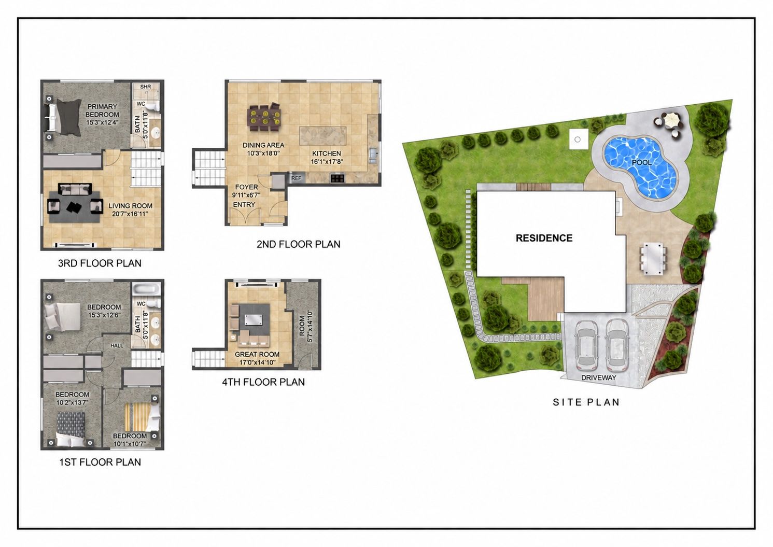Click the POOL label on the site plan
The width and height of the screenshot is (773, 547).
(x=641, y=162)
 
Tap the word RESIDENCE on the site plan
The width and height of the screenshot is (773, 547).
(x=544, y=238)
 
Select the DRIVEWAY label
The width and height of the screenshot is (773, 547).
(x=598, y=377)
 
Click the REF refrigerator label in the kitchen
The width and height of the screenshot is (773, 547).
(x=296, y=178)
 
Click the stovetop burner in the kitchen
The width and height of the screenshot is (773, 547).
(x=337, y=178)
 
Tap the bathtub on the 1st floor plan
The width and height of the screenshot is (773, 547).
(x=147, y=289)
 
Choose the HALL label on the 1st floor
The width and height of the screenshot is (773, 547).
(x=117, y=345)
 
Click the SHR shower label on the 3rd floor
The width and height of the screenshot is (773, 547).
(x=145, y=87)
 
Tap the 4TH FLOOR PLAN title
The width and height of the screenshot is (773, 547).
(x=263, y=382)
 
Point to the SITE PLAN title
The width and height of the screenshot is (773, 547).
(x=586, y=402)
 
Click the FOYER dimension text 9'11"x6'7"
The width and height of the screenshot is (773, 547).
(x=246, y=195)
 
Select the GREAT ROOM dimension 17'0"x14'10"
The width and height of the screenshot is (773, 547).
(x=257, y=362)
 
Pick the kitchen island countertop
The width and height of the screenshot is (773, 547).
(x=322, y=136)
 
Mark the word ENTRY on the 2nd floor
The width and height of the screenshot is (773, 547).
(x=244, y=205)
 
